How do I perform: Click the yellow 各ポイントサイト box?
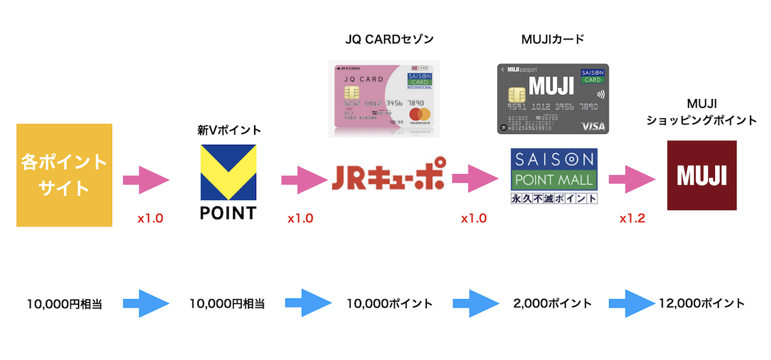pos(64,175)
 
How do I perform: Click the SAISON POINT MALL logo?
pos(554,177)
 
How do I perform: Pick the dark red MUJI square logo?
pos(701,176)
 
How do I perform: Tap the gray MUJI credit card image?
pos(552,99)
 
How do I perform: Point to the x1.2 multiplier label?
pos(632,219)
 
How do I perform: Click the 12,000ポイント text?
pos(702,303)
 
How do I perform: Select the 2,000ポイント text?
pos(552,303)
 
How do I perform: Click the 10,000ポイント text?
pos(389,303)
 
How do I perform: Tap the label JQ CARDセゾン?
pos(389,39)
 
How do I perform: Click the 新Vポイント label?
pos(229,130)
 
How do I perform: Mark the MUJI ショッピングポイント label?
pos(701,112)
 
